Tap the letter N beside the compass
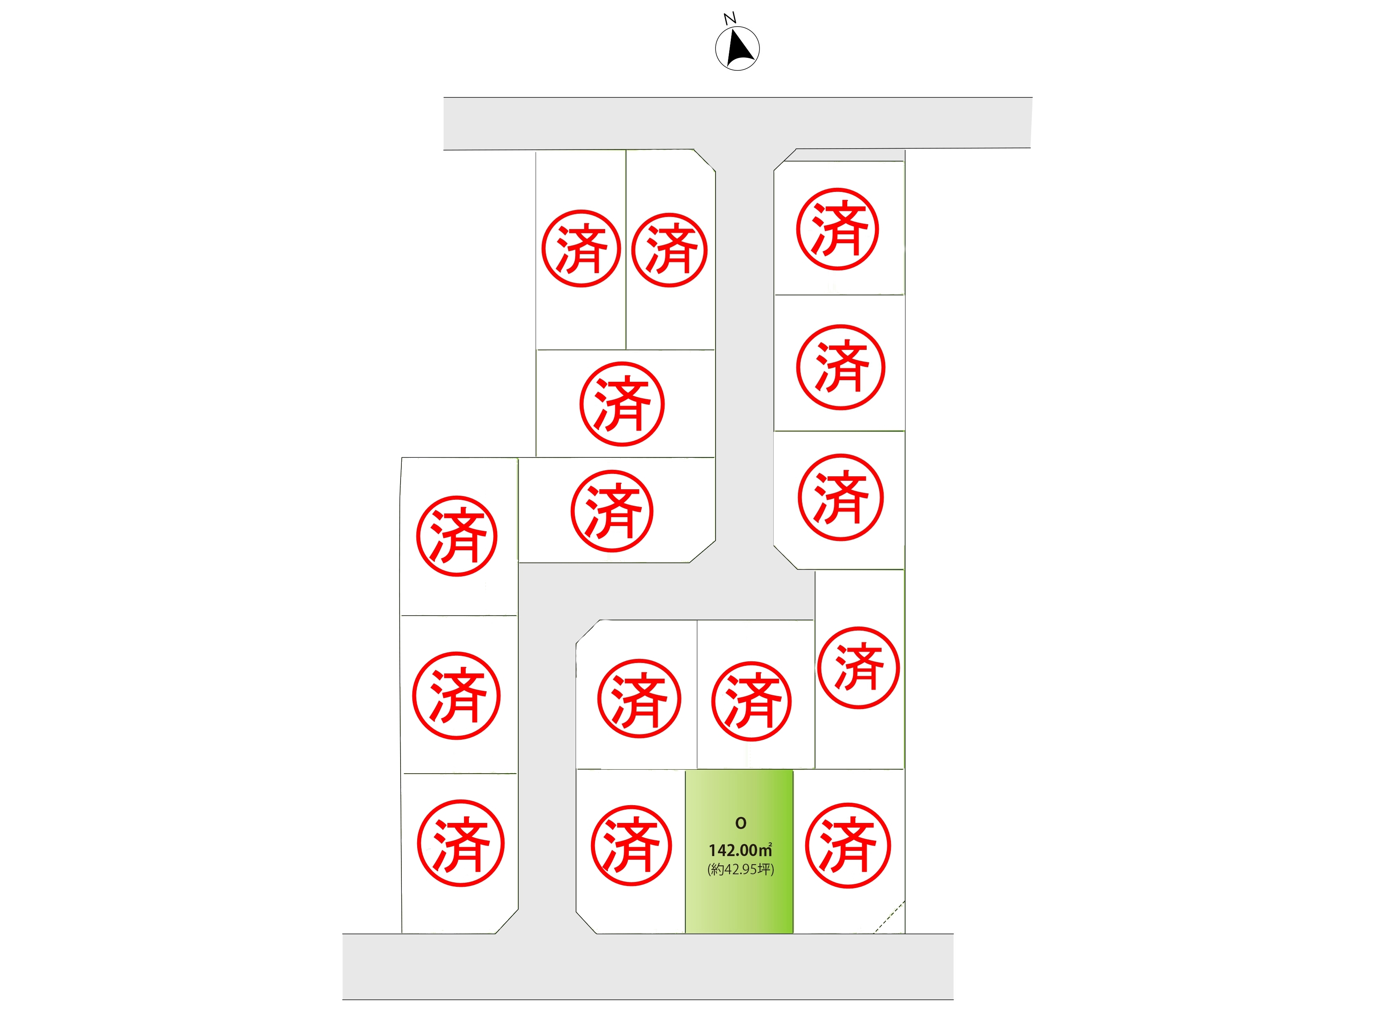pyautogui.click(x=730, y=18)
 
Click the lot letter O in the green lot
pyautogui.click(x=741, y=823)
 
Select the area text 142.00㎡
pyautogui.click(x=741, y=850)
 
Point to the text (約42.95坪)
pyautogui.click(x=741, y=869)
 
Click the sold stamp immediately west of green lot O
pyautogui.click(x=631, y=846)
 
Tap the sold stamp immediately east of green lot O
pyautogui.click(x=848, y=846)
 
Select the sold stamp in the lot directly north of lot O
pyautogui.click(x=751, y=701)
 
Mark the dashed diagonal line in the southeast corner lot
pyautogui.click(x=889, y=917)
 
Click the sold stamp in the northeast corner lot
pyautogui.click(x=837, y=229)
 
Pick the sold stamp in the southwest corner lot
pyautogui.click(x=460, y=843)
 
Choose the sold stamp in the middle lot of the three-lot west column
pyautogui.click(x=456, y=696)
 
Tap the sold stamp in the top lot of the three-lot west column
pyautogui.click(x=457, y=536)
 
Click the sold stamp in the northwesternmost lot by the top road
pyautogui.click(x=581, y=248)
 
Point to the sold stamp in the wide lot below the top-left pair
pyautogui.click(x=622, y=404)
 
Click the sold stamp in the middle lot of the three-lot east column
pyautogui.click(x=840, y=367)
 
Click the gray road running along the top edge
pyautogui.click(x=738, y=123)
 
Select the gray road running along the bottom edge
pyautogui.click(x=648, y=967)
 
